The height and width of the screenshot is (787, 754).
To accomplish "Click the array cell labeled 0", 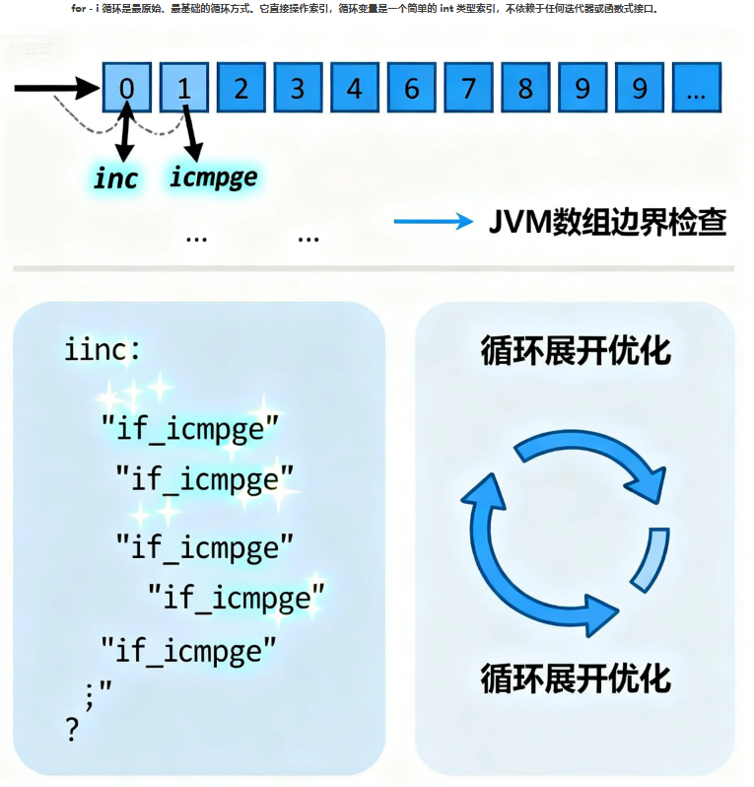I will (x=127, y=89).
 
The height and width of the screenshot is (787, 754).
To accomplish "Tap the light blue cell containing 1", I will (x=184, y=89).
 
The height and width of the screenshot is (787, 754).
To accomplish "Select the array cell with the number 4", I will (x=355, y=89).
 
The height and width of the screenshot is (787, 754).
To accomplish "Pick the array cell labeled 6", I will (x=412, y=89).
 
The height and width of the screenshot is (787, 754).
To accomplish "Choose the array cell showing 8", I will (x=526, y=89).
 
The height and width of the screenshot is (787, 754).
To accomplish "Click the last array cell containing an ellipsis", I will (x=697, y=89).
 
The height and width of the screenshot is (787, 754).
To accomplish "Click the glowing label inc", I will (x=116, y=179).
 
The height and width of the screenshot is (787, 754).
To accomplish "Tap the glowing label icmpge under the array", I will (x=213, y=178).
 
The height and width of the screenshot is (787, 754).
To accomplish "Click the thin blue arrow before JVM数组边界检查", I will (x=434, y=222).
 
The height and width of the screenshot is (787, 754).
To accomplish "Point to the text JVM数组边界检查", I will (x=608, y=222).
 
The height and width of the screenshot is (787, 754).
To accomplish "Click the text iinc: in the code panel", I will (x=103, y=349).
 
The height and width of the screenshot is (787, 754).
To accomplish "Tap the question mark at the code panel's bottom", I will (x=71, y=730).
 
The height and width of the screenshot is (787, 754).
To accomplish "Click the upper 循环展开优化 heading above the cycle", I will (x=576, y=351).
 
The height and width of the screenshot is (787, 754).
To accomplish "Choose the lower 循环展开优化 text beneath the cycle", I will (x=576, y=679).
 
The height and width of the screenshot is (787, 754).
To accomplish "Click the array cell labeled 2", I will (x=240, y=89).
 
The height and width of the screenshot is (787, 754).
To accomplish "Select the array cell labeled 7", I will (x=469, y=89).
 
